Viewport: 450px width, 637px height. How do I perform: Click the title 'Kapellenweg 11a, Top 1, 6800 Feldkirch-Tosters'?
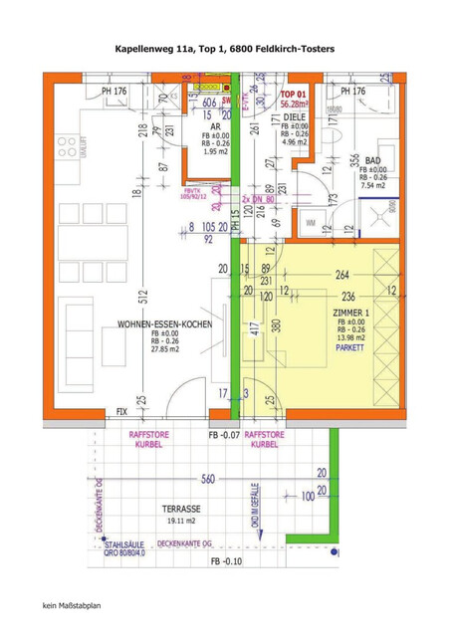224,47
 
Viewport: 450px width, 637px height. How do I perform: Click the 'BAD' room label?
374,160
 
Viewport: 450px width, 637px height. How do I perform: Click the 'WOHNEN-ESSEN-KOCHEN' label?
163,325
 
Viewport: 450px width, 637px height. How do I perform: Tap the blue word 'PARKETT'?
349,350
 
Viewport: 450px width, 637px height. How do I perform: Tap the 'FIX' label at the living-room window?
121,410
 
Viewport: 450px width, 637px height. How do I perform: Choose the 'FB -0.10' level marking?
226,562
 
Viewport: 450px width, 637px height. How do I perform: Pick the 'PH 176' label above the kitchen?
114,92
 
